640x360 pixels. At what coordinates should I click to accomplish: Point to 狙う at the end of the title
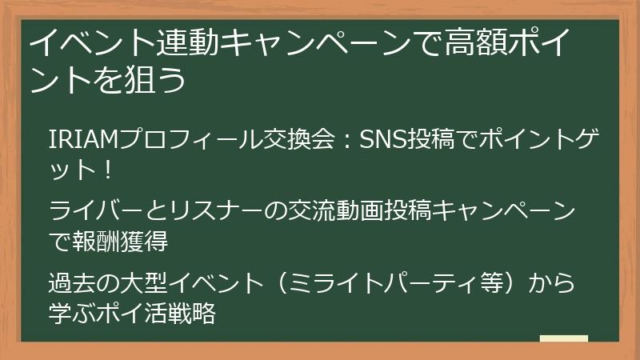click(x=161, y=79)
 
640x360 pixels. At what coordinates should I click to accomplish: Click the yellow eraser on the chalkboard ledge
click(x=563, y=338)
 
